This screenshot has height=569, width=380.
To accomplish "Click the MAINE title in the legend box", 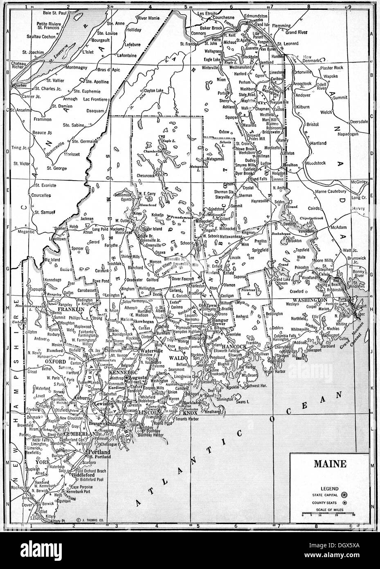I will click(329, 464).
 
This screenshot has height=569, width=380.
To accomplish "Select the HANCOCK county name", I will click(246, 347).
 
